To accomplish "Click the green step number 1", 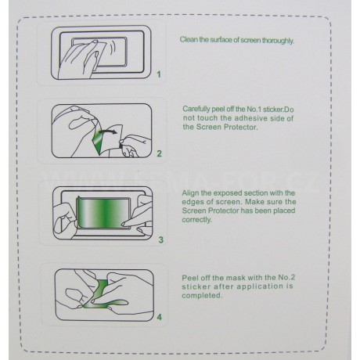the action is click(x=159, y=74).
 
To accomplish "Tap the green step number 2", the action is click(x=159, y=153).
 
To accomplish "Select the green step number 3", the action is click(x=161, y=239).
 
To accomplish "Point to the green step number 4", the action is click(x=160, y=317).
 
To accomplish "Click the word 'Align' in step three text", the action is click(x=190, y=193).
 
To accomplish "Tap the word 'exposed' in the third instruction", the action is click(x=225, y=193).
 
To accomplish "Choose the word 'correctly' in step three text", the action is click(x=197, y=220).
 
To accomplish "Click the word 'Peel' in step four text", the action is click(x=189, y=278).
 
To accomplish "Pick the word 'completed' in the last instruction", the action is click(x=202, y=296).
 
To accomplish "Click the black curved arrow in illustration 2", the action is click(x=107, y=131).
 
